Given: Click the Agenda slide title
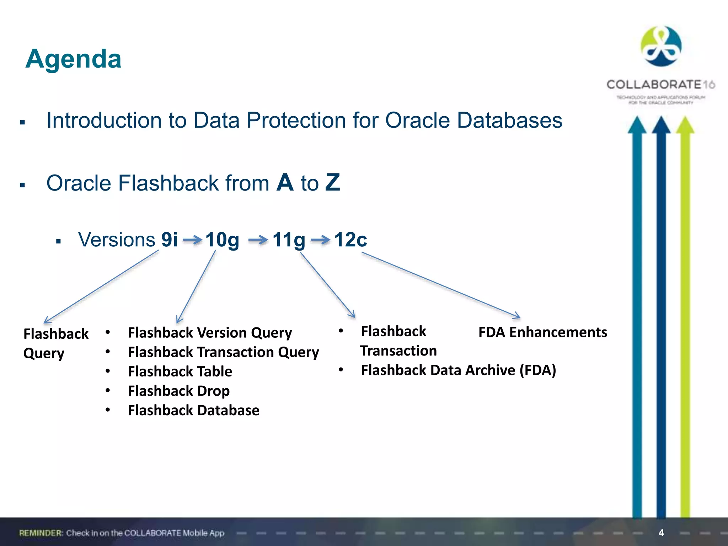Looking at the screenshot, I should (x=74, y=59).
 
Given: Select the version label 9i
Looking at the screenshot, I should (x=169, y=239).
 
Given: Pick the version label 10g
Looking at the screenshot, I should (x=222, y=240).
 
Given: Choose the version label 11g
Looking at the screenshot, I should (x=289, y=240).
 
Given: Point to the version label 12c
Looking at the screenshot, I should (x=350, y=239).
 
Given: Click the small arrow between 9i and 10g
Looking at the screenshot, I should (x=192, y=240).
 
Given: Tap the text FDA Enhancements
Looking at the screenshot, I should (x=542, y=332).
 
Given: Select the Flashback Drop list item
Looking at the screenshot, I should (x=178, y=391).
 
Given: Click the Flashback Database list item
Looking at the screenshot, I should (x=193, y=410).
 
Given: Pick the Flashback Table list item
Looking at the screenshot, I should (x=180, y=371).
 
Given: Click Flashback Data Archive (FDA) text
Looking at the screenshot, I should (x=458, y=370).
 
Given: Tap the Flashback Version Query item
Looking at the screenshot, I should (x=210, y=333).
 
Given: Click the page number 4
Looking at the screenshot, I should (x=661, y=532).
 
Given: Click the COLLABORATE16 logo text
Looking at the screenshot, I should (x=660, y=85).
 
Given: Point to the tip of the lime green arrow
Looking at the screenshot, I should (x=685, y=119).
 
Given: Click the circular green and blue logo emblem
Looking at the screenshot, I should (x=661, y=46).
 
